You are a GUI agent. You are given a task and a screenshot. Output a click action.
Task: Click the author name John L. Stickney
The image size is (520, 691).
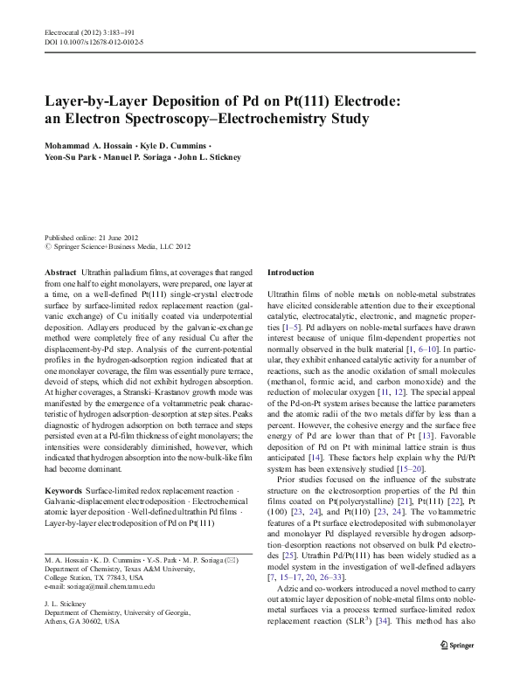(211, 157)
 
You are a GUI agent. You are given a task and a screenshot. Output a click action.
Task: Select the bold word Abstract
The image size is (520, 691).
(60, 273)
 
